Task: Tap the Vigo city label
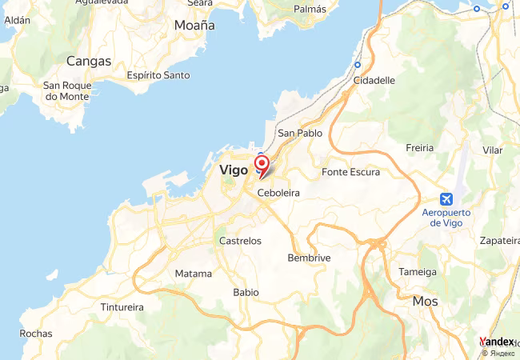pyautogui.click(x=233, y=170)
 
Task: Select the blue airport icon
pyautogui.click(x=446, y=198)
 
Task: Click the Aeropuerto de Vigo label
pyautogui.click(x=446, y=218)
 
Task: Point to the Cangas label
pyautogui.click(x=89, y=60)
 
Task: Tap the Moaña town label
pyautogui.click(x=194, y=26)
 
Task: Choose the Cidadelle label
pyautogui.click(x=374, y=80)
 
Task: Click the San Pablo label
pyautogui.click(x=299, y=133)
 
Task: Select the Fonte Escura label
pyautogui.click(x=350, y=172)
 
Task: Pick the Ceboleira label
pyautogui.click(x=278, y=193)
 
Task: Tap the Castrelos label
pyautogui.click(x=240, y=240)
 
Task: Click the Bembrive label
pyautogui.click(x=309, y=258)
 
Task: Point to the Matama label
pyautogui.click(x=194, y=274)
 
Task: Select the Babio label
pyautogui.click(x=246, y=292)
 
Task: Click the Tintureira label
pyautogui.click(x=122, y=306)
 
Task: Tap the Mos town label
pyautogui.click(x=426, y=301)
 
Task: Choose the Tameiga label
pyautogui.click(x=418, y=271)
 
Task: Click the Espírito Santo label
pyautogui.click(x=158, y=75)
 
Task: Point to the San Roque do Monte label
pyautogui.click(x=67, y=90)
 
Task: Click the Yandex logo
pyautogui.click(x=496, y=342)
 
